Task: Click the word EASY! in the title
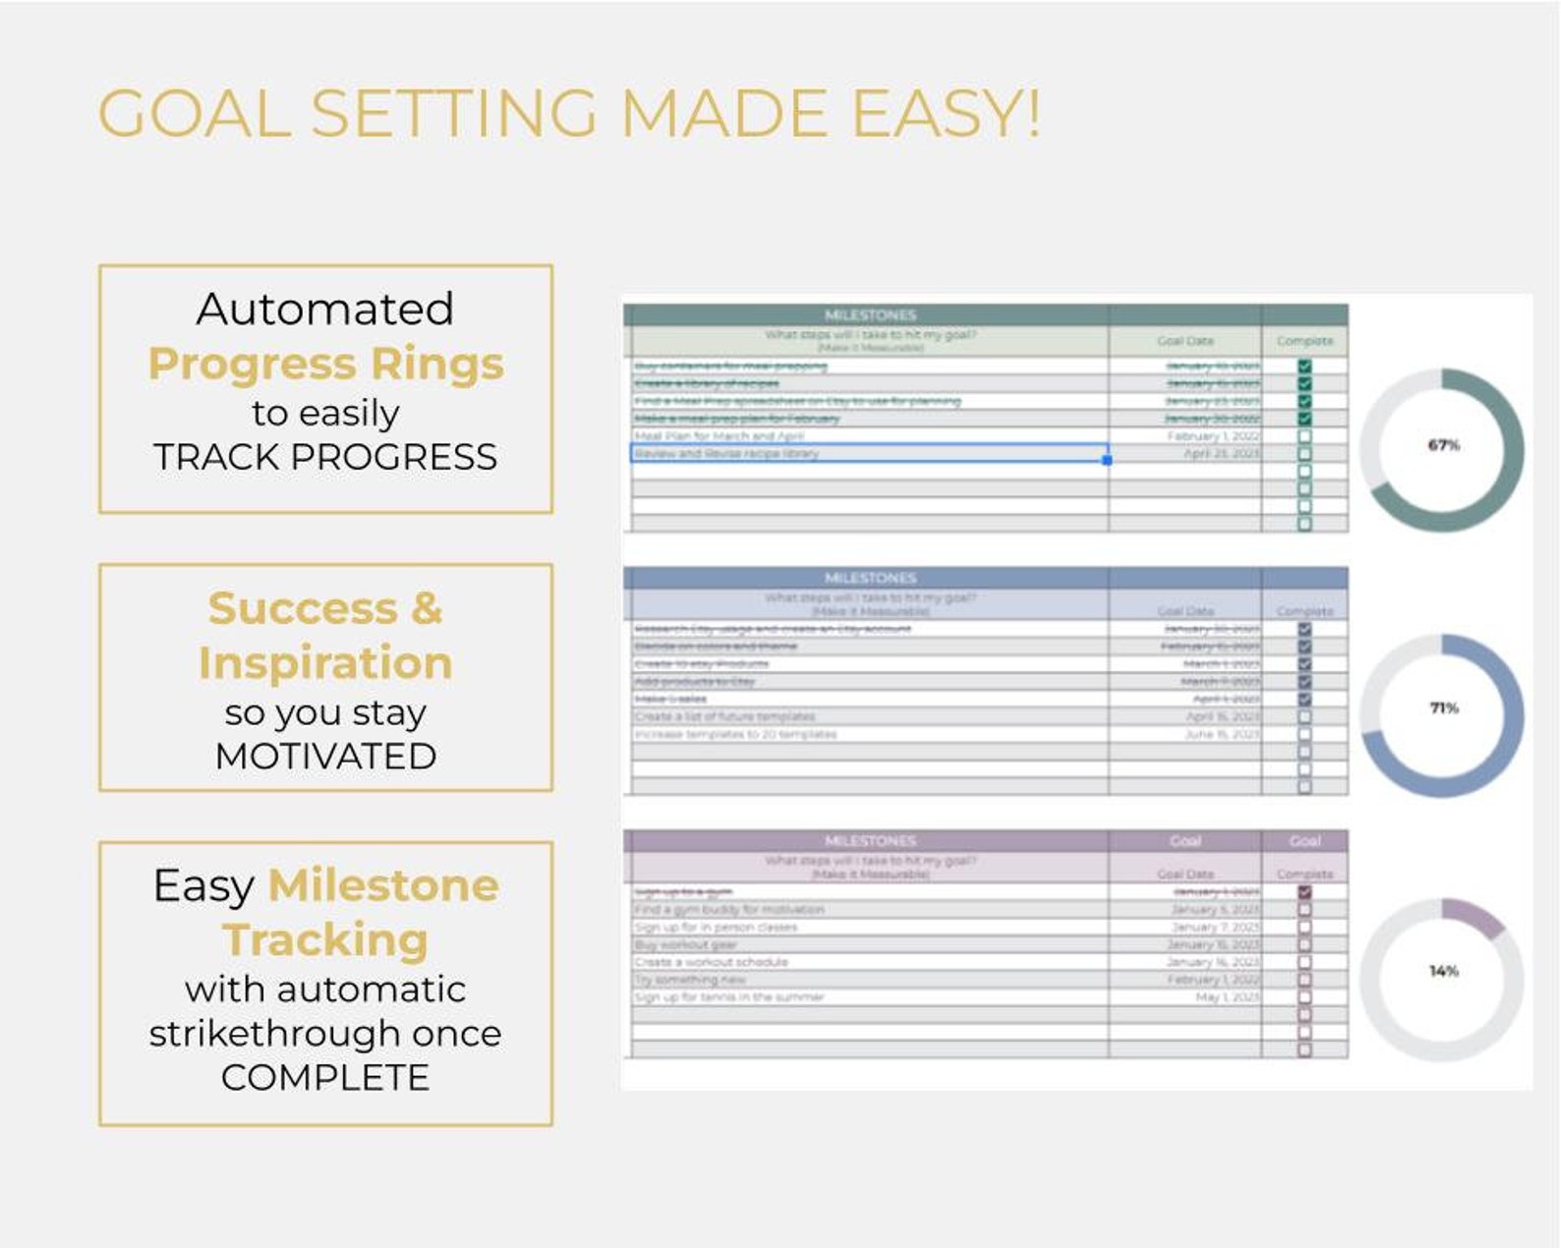pyautogui.click(x=945, y=113)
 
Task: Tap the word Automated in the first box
pyautogui.click(x=325, y=309)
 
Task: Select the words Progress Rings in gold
pyautogui.click(x=325, y=364)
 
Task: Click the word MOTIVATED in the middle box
pyautogui.click(x=325, y=756)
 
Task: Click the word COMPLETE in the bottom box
pyautogui.click(x=325, y=1077)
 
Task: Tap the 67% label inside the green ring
pyautogui.click(x=1443, y=445)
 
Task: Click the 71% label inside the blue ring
pyautogui.click(x=1443, y=708)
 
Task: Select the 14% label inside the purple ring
pyautogui.click(x=1443, y=971)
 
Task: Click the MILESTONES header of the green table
pyautogui.click(x=870, y=314)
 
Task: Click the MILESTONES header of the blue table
pyautogui.click(x=870, y=578)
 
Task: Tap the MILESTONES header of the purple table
pyautogui.click(x=870, y=841)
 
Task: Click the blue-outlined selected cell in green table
pyautogui.click(x=869, y=454)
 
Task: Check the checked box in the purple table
pyautogui.click(x=1304, y=892)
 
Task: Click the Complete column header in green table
pyautogui.click(x=1304, y=341)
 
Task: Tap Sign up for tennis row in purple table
pyautogui.click(x=728, y=997)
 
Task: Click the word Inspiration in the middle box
pyautogui.click(x=325, y=663)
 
